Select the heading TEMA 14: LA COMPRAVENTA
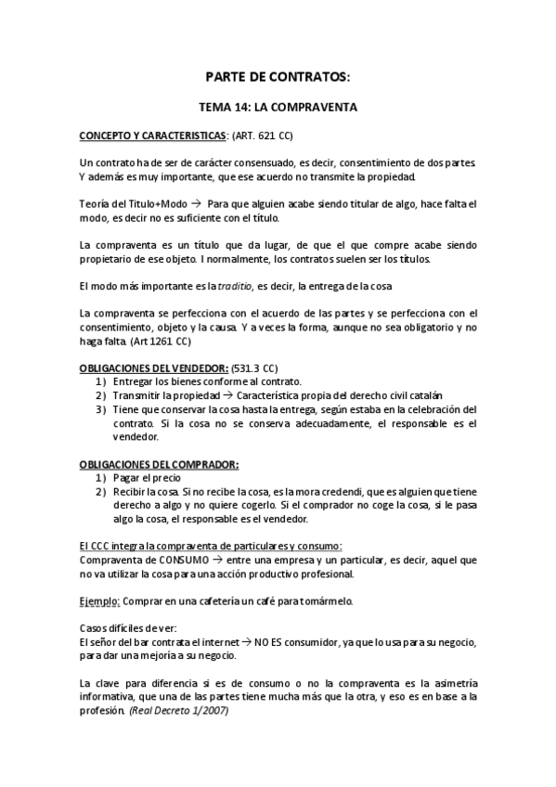[278, 108]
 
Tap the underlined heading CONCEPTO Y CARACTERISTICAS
[153, 135]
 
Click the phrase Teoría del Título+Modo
[135, 203]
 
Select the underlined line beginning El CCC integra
[211, 547]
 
